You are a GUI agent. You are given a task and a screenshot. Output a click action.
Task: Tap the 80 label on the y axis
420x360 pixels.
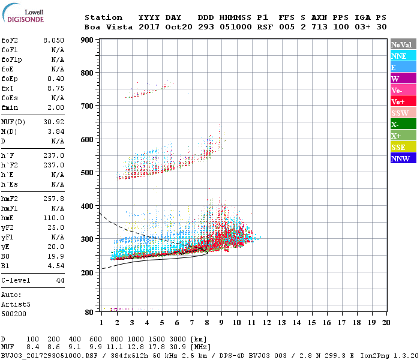89,312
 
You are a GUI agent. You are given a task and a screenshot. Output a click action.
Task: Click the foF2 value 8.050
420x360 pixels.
53,40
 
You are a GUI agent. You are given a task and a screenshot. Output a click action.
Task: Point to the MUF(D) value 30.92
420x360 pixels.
53,122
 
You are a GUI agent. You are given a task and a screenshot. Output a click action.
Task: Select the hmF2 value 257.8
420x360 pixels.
53,198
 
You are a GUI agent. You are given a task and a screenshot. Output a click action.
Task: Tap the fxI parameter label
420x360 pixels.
8,88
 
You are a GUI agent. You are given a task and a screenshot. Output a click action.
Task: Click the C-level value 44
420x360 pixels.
59,280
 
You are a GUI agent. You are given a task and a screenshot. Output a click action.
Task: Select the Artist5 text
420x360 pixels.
14,304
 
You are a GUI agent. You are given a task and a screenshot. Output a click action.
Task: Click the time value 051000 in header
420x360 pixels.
236,27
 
